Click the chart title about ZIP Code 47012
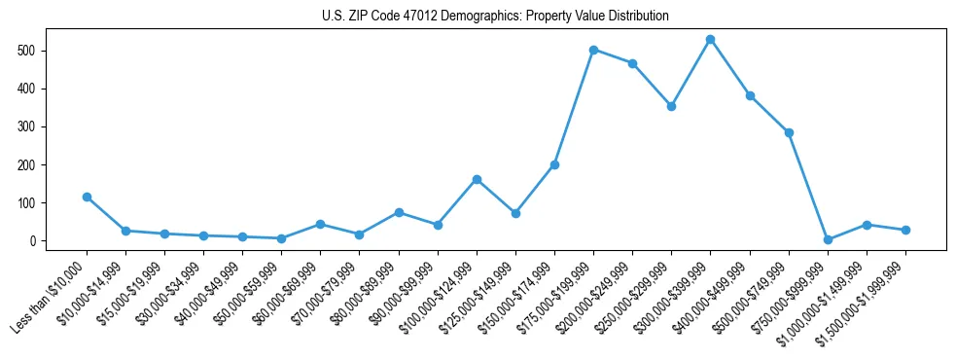(x=495, y=16)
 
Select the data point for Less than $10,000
(x=87, y=197)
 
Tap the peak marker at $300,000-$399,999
(x=710, y=39)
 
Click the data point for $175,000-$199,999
(x=593, y=50)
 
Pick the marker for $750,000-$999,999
(x=828, y=239)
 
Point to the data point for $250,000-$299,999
(x=671, y=106)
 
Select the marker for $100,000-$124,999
(x=477, y=179)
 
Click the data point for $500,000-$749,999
(x=789, y=132)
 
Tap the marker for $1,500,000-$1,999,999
(x=905, y=230)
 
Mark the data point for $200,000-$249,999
(x=632, y=63)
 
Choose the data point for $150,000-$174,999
(x=554, y=164)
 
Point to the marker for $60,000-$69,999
(x=320, y=224)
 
